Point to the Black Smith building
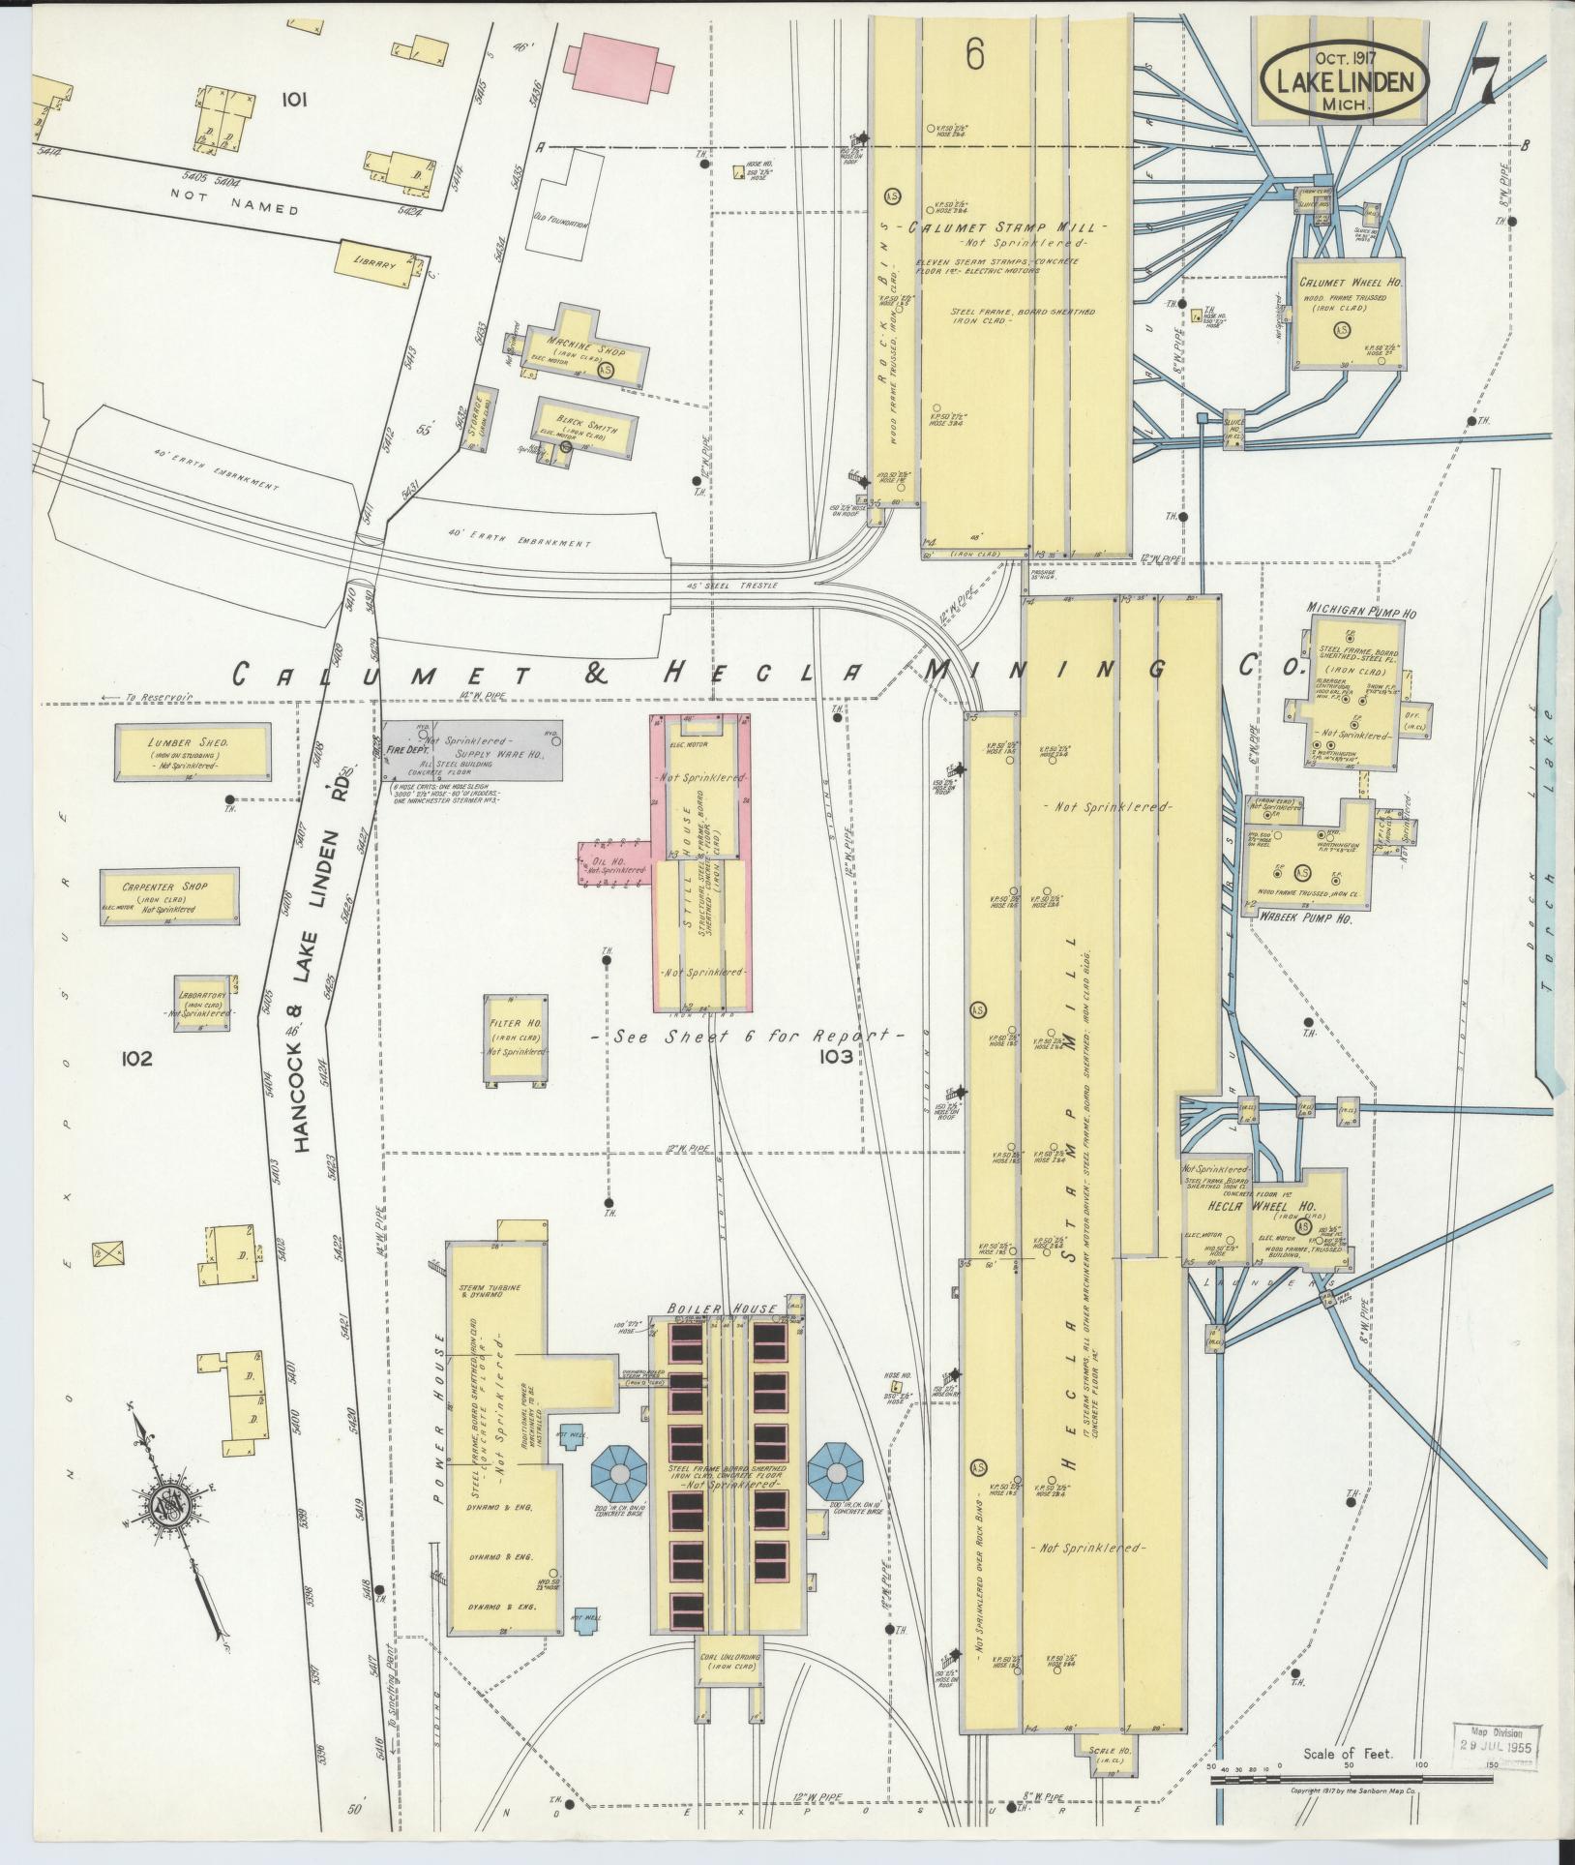(x=586, y=426)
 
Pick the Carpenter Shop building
(x=168, y=894)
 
